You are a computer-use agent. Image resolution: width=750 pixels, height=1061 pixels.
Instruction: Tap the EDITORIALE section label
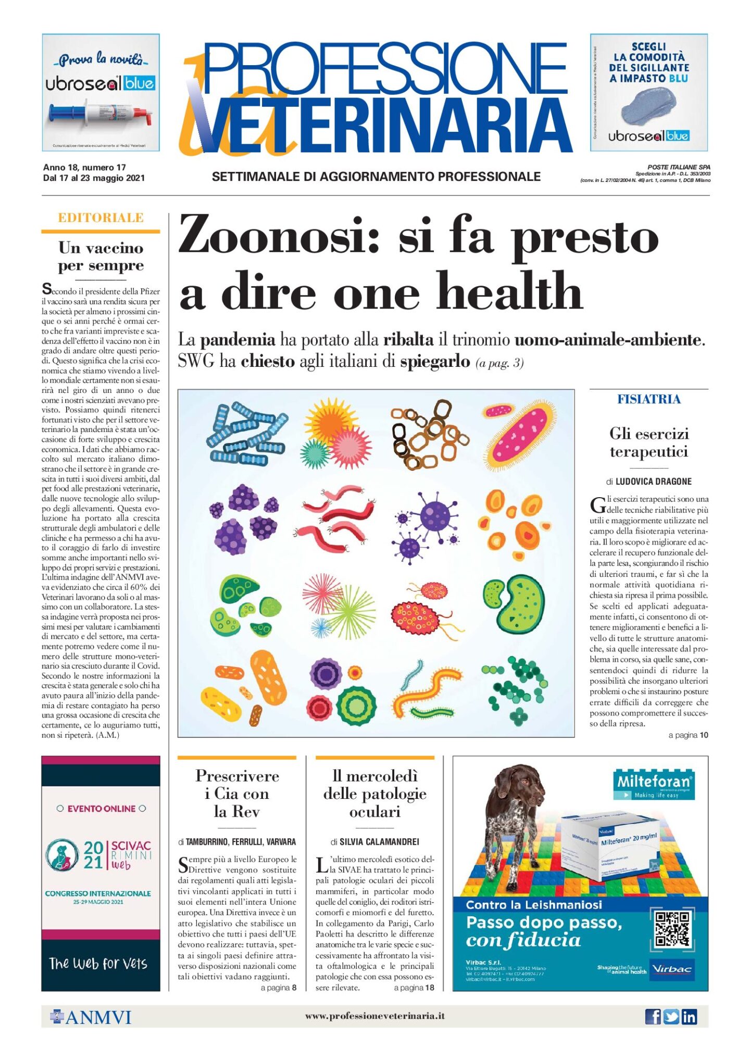[101, 218]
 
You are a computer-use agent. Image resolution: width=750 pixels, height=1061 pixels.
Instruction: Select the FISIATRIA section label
[648, 399]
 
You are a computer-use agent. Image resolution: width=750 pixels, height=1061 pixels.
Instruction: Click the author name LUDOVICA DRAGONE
[653, 482]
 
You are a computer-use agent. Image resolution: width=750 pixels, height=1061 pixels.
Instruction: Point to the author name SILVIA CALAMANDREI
[379, 842]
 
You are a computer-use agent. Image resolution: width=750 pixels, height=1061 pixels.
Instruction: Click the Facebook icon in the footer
[653, 1017]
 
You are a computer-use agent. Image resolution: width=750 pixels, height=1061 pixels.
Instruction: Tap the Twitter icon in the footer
[671, 1017]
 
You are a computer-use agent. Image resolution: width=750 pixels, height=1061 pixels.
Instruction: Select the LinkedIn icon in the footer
[689, 1017]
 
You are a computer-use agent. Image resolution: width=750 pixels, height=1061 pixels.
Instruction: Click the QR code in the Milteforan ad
[672, 929]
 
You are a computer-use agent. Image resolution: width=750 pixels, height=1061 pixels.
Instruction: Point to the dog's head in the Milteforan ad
[515, 782]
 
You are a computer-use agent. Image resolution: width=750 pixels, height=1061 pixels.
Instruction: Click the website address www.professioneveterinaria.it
[374, 1016]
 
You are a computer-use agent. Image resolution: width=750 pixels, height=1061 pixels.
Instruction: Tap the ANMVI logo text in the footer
[97, 1017]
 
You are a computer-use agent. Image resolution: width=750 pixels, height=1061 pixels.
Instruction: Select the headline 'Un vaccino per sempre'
[101, 256]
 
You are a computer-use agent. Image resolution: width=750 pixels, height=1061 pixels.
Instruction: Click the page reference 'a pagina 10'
[688, 735]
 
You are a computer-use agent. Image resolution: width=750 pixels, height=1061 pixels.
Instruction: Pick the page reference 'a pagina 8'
[278, 988]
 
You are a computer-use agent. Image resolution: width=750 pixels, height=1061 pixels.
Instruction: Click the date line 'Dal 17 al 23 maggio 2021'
[94, 178]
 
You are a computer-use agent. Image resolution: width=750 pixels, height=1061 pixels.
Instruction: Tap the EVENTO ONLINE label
[101, 809]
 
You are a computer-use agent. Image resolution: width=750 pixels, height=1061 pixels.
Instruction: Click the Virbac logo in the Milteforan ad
[671, 969]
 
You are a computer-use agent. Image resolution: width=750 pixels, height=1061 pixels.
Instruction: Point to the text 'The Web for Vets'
[98, 964]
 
